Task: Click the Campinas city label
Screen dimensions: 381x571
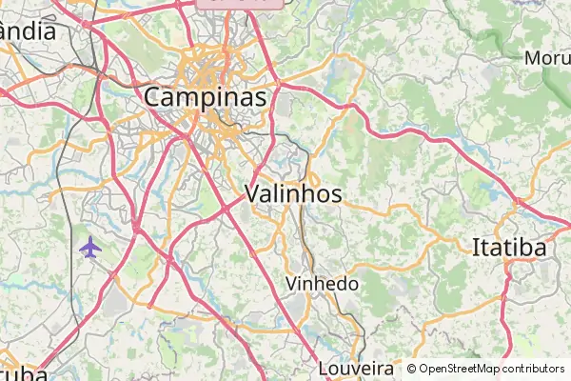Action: tap(206, 96)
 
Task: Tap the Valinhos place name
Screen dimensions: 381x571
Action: tap(293, 193)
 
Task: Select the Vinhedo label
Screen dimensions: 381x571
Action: tap(323, 284)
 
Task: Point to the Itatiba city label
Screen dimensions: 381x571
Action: tap(509, 249)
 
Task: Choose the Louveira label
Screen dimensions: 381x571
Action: tap(356, 368)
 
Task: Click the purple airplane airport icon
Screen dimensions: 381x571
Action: tap(90, 248)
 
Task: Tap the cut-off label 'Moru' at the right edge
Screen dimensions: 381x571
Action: tap(547, 58)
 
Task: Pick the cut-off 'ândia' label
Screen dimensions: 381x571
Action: tap(29, 30)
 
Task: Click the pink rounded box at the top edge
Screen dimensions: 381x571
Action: tap(241, 3)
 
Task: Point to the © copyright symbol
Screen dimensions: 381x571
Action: tap(411, 369)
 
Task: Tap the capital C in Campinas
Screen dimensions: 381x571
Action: tap(155, 96)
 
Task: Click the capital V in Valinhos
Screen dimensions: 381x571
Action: tap(253, 193)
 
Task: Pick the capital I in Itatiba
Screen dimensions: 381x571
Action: tap(476, 249)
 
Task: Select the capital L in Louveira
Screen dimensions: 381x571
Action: tap(324, 368)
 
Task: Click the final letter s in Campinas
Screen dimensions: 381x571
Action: tap(259, 98)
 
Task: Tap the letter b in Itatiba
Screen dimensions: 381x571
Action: tap(528, 249)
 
